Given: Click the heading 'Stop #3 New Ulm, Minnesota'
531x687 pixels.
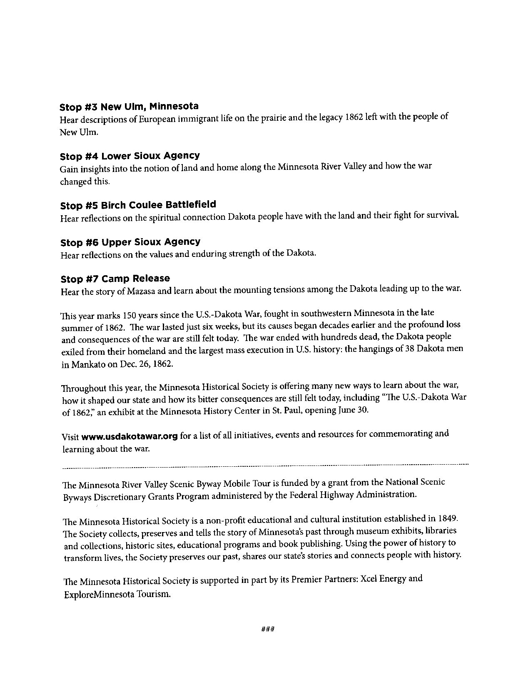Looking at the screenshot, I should [x=129, y=107].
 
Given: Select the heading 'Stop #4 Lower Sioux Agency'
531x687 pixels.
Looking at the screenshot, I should [x=130, y=156].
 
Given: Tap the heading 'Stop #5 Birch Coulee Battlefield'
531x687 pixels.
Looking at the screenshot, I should [x=138, y=205].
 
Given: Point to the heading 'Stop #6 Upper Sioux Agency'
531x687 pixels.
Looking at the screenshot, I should [x=130, y=242].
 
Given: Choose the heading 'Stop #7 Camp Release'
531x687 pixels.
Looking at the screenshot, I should [x=115, y=279].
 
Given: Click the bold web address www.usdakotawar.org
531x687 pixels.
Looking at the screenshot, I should [x=130, y=436].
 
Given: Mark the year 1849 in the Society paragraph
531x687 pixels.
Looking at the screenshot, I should [x=448, y=519].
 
